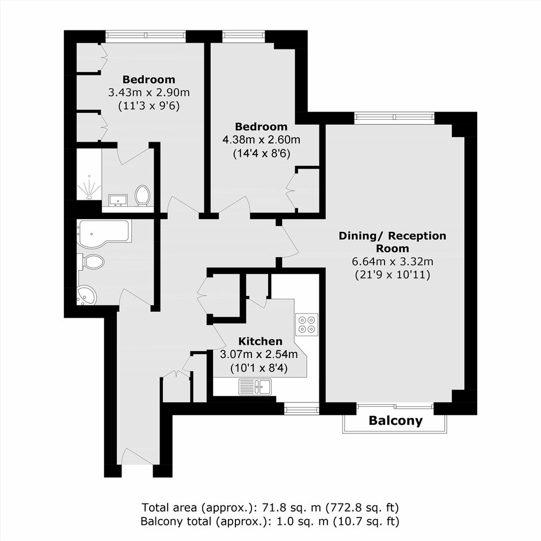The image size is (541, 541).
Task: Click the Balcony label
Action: (x=395, y=421)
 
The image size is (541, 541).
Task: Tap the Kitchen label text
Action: (x=261, y=341)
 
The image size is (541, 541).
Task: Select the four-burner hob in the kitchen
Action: (x=307, y=325)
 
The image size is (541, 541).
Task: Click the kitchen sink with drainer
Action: (x=256, y=386)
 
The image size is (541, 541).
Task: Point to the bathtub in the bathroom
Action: (x=104, y=234)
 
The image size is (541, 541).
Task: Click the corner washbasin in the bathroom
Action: (x=86, y=296)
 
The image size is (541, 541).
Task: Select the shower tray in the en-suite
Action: (x=89, y=174)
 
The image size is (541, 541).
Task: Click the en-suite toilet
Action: (x=142, y=196)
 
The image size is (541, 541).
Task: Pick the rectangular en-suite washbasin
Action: (x=118, y=200)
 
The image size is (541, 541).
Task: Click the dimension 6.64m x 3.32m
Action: (x=393, y=261)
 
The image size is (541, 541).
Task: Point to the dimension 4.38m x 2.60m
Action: (x=261, y=140)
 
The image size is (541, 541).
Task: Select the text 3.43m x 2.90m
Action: (x=149, y=93)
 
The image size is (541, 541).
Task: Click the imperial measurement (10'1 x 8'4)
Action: (x=259, y=368)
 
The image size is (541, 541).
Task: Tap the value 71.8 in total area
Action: (x=275, y=508)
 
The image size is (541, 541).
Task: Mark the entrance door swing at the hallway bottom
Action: (x=136, y=456)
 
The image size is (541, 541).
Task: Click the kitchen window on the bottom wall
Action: (x=302, y=410)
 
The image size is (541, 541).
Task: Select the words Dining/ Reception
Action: (x=393, y=236)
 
